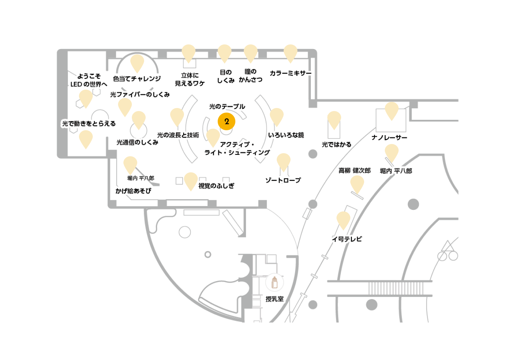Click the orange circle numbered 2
point(226,121)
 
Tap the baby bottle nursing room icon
point(274,282)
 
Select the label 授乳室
point(275,299)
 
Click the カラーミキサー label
point(291,73)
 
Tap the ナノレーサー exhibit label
point(389,137)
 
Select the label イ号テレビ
point(347,239)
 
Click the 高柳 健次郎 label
point(355,170)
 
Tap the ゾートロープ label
point(283,180)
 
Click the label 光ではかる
point(337,144)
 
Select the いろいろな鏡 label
point(286,135)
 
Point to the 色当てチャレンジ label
point(137,79)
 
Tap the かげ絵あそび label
point(133,191)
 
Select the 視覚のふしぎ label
point(216,186)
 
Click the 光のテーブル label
point(227,106)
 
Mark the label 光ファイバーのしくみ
point(140,95)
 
